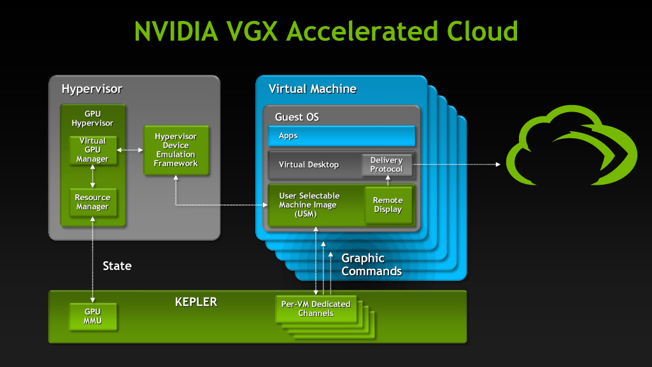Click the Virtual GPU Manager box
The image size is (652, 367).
93,150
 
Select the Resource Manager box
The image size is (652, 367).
93,202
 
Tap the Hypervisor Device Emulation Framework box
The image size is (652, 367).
176,150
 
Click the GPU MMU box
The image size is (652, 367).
93,316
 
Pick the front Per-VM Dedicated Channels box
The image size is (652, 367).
316,309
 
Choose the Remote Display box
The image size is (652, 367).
388,205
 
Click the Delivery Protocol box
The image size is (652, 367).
386,164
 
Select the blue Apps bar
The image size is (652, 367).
341,136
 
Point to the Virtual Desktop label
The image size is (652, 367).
309,165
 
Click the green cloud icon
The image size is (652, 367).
570,151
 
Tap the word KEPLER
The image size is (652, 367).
195,301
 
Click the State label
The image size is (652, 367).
117,266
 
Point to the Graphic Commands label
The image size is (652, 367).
371,264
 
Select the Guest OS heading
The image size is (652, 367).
297,117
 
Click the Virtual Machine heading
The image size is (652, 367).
312,89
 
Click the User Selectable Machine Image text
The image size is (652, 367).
309,205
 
